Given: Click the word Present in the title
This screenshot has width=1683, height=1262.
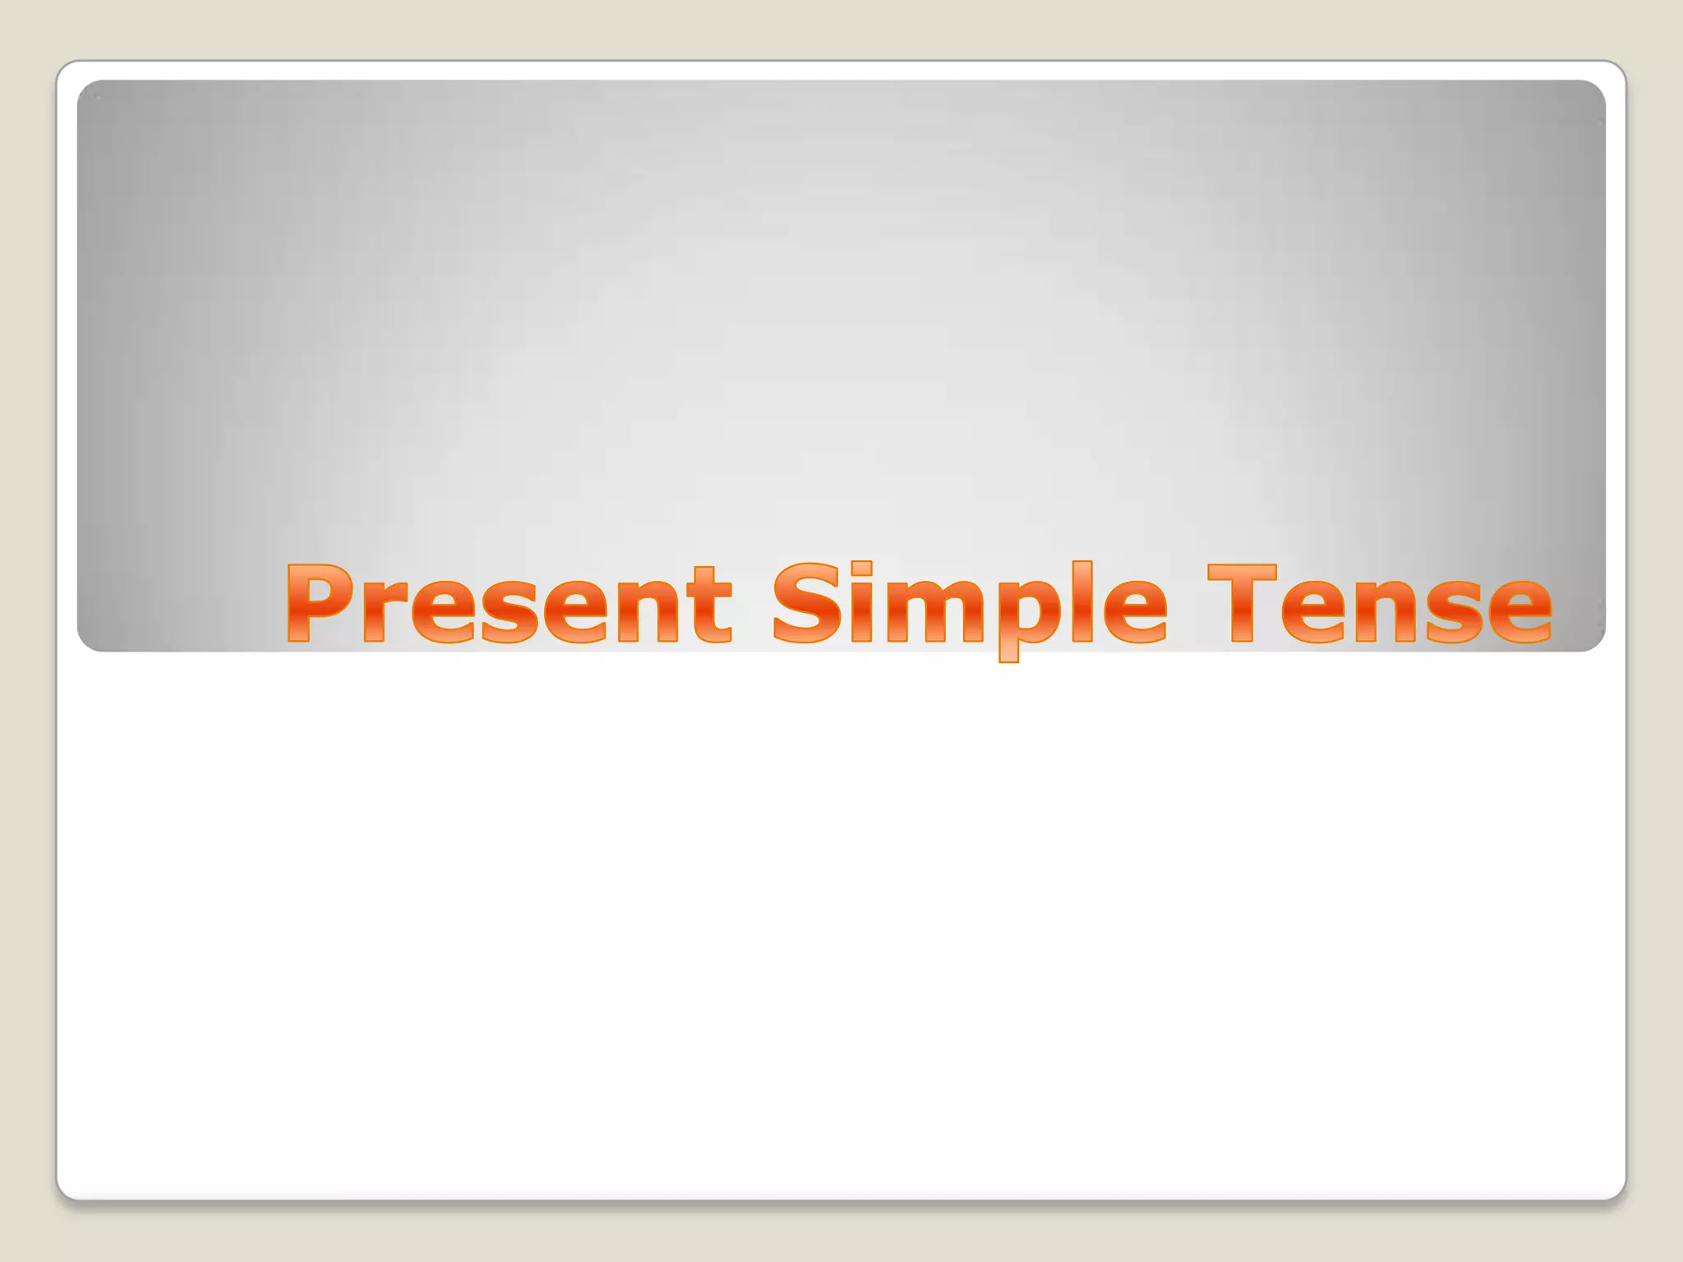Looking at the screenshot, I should [x=508, y=604].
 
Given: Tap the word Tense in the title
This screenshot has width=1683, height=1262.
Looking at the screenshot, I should [x=1380, y=604].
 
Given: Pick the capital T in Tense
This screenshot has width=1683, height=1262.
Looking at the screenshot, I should [x=1241, y=604].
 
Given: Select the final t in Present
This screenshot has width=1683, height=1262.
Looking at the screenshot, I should [x=712, y=608].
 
